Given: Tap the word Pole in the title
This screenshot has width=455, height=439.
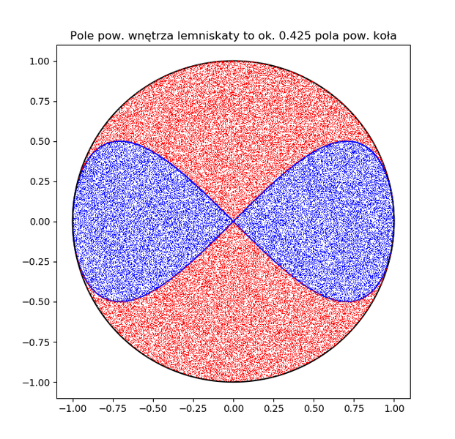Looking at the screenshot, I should [x=83, y=36].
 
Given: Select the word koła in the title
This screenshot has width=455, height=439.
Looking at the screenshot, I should [x=383, y=36].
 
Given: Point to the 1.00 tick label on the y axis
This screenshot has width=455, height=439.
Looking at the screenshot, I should [x=38, y=61].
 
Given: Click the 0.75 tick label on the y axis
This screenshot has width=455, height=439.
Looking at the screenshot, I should [x=38, y=102].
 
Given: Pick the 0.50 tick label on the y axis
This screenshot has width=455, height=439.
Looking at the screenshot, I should [x=38, y=141].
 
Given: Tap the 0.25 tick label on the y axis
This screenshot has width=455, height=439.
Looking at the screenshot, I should [x=38, y=181].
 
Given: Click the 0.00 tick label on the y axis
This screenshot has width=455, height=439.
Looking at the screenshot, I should [x=38, y=222].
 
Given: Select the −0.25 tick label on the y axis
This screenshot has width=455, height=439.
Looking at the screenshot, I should [x=35, y=262].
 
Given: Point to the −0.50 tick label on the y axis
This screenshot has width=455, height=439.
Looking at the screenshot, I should [x=35, y=301].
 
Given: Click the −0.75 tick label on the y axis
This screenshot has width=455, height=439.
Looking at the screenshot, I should [x=35, y=342].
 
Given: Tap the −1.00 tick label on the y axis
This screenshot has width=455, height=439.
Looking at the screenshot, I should [x=35, y=382].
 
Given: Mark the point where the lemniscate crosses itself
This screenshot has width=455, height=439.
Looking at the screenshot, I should [x=234, y=221].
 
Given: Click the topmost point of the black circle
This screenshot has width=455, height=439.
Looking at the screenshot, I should [x=234, y=61].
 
